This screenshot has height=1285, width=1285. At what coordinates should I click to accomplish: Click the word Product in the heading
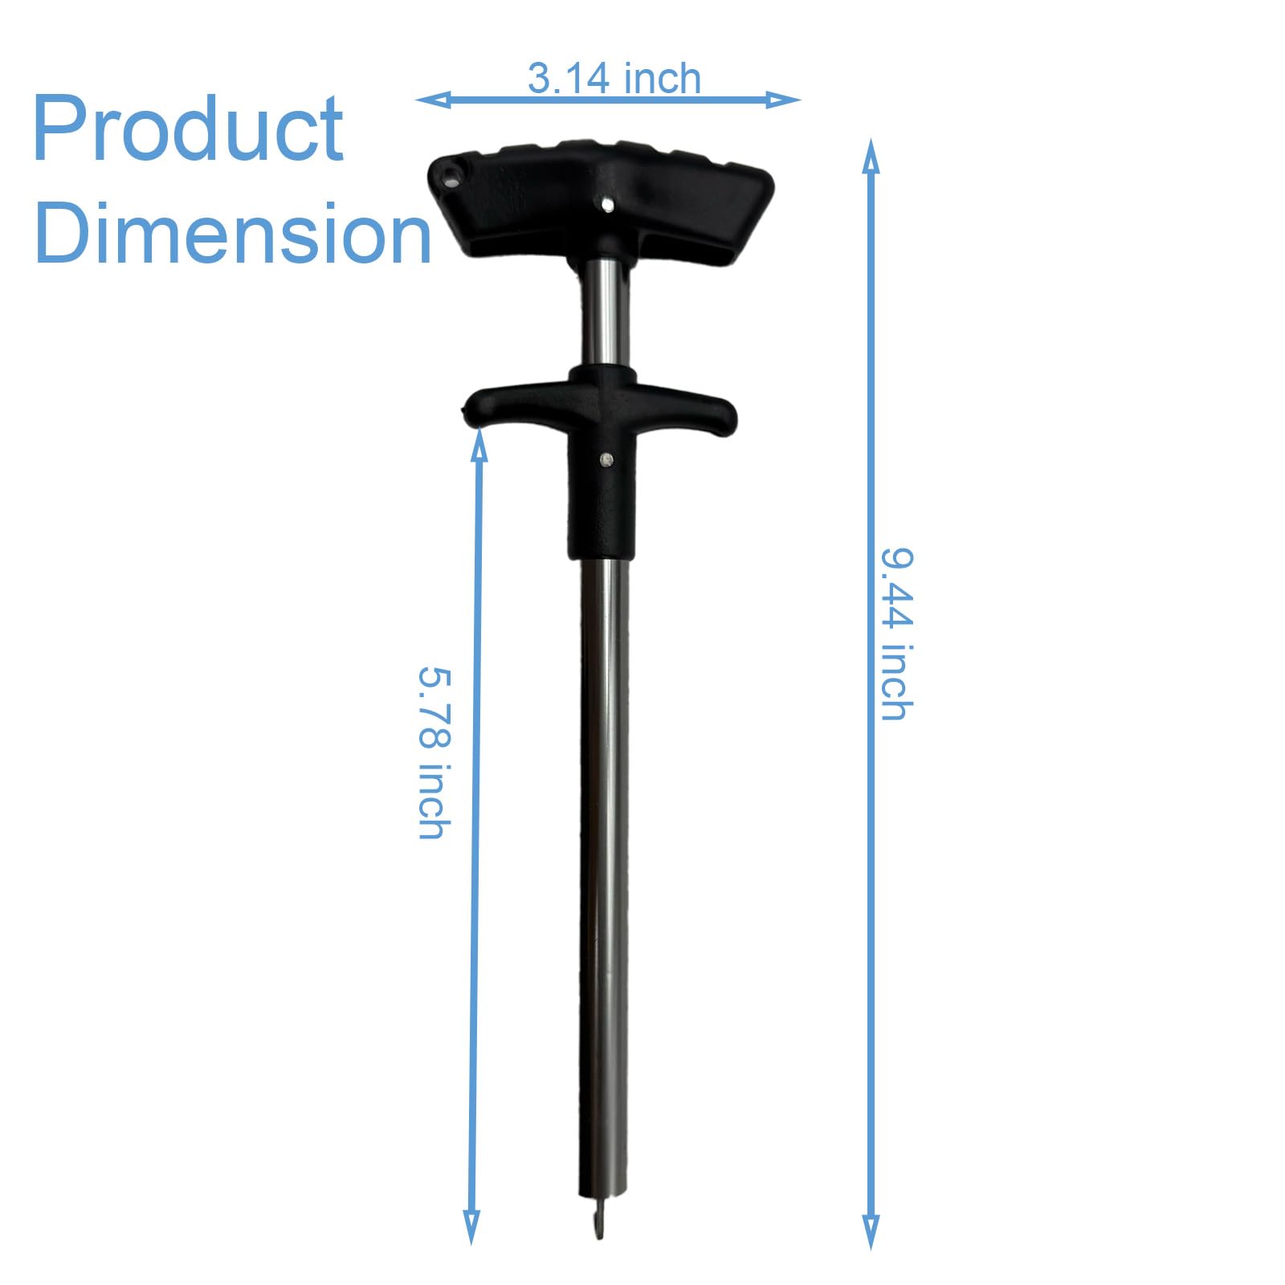(188, 128)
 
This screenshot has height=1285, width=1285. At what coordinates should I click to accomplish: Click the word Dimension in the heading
(233, 233)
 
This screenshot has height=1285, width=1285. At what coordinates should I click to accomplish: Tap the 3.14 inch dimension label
(614, 79)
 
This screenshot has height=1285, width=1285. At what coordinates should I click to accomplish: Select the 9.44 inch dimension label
(897, 634)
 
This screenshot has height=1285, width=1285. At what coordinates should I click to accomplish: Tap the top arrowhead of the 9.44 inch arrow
(871, 156)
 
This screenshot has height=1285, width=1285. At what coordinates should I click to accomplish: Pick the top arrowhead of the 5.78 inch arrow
(479, 443)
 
